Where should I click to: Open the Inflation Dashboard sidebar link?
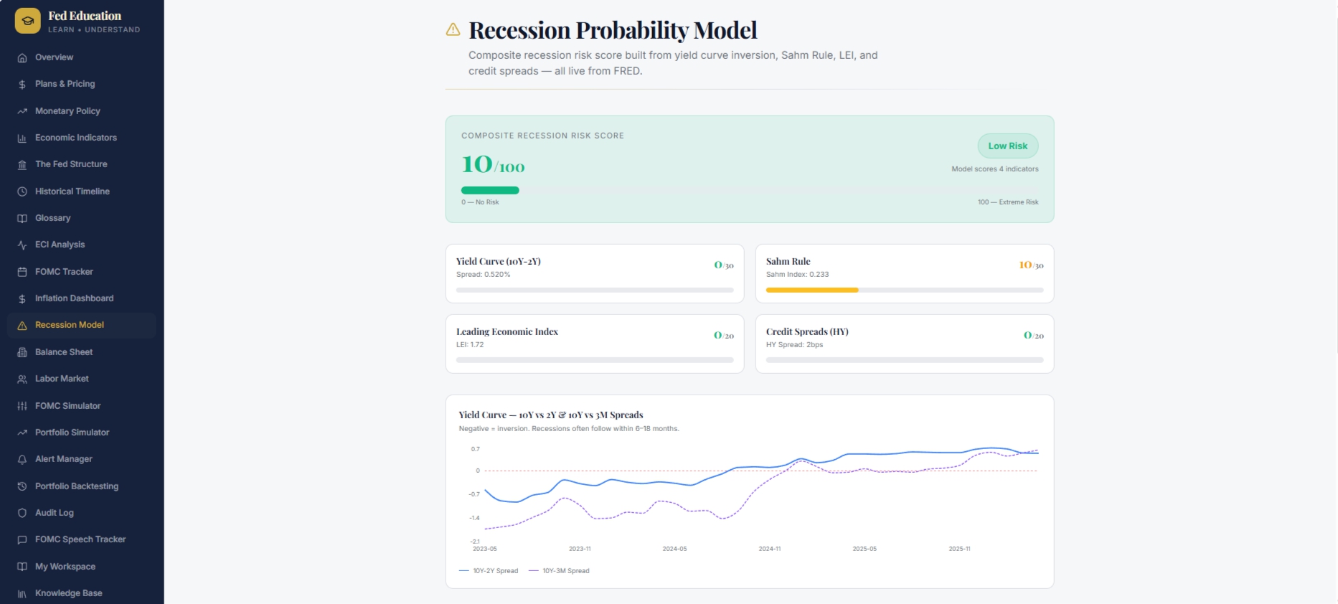click(x=74, y=298)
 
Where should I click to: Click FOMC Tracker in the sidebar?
click(x=64, y=272)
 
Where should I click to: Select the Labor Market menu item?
click(x=62, y=379)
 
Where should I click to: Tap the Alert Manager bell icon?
click(x=22, y=459)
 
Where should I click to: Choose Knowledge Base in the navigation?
click(x=68, y=593)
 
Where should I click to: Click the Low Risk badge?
click(x=1008, y=146)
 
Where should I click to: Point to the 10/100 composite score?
click(x=493, y=165)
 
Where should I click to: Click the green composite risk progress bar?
click(x=490, y=190)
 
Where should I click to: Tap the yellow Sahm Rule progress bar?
click(x=812, y=290)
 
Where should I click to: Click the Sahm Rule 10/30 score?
click(x=1031, y=265)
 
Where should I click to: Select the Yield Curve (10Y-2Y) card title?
click(x=499, y=261)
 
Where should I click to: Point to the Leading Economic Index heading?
click(x=507, y=331)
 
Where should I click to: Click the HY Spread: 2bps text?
click(x=794, y=345)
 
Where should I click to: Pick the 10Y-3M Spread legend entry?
click(x=559, y=571)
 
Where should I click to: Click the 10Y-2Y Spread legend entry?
click(x=489, y=571)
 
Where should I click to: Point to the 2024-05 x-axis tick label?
click(x=674, y=549)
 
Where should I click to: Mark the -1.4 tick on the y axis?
click(x=475, y=518)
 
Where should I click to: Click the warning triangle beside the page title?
click(x=453, y=29)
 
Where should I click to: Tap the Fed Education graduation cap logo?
click(x=28, y=21)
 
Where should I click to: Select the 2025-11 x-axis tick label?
click(x=959, y=549)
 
